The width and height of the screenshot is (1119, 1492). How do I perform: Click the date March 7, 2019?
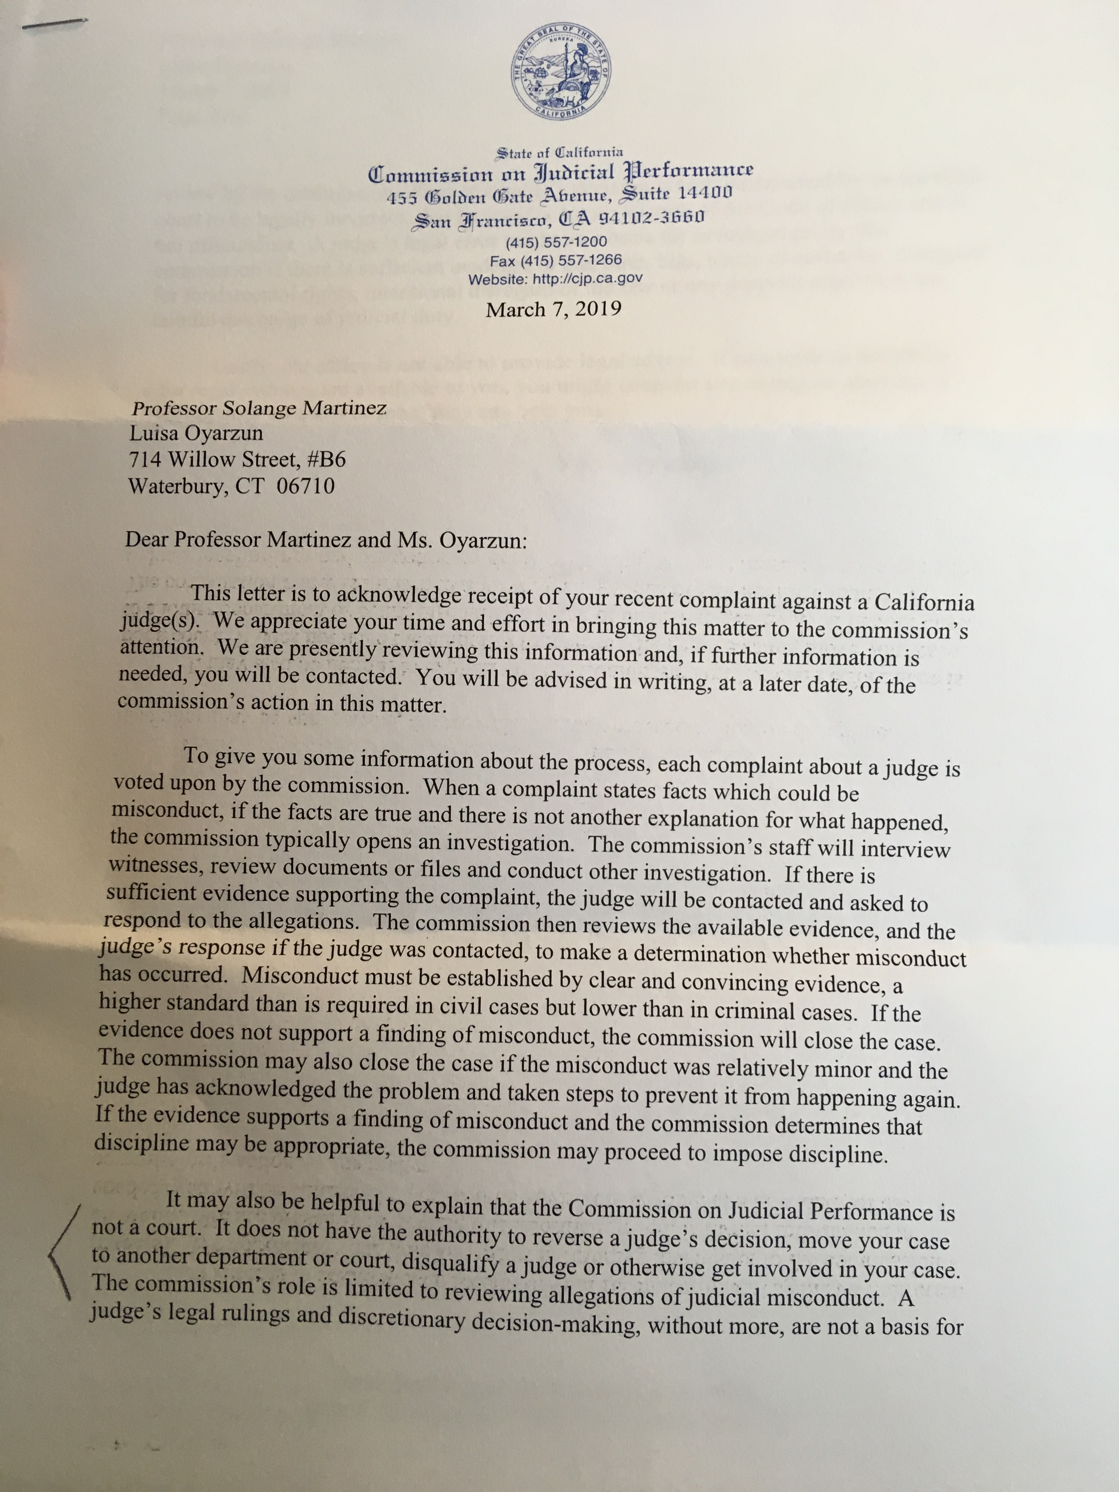pyautogui.click(x=553, y=310)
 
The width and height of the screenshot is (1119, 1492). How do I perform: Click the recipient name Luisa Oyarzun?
pyautogui.click(x=196, y=433)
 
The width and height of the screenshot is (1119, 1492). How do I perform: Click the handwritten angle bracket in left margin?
pyautogui.click(x=64, y=1251)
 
